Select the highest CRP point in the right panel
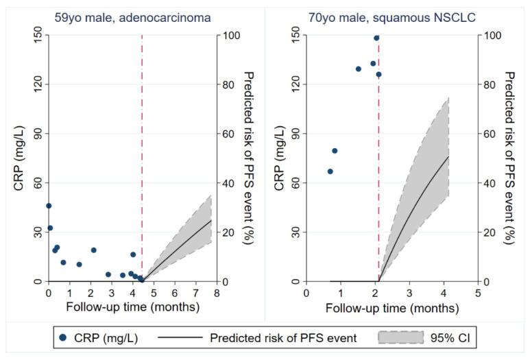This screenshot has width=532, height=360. [376, 38]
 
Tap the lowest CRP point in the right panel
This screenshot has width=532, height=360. [330, 171]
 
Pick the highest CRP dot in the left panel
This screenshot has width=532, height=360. [49, 206]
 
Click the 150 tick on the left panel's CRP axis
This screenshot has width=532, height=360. [38, 35]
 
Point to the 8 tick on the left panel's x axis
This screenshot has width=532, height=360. [217, 293]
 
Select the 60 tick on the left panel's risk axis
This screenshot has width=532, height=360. [231, 134]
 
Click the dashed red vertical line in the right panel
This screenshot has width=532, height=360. [378, 171]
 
